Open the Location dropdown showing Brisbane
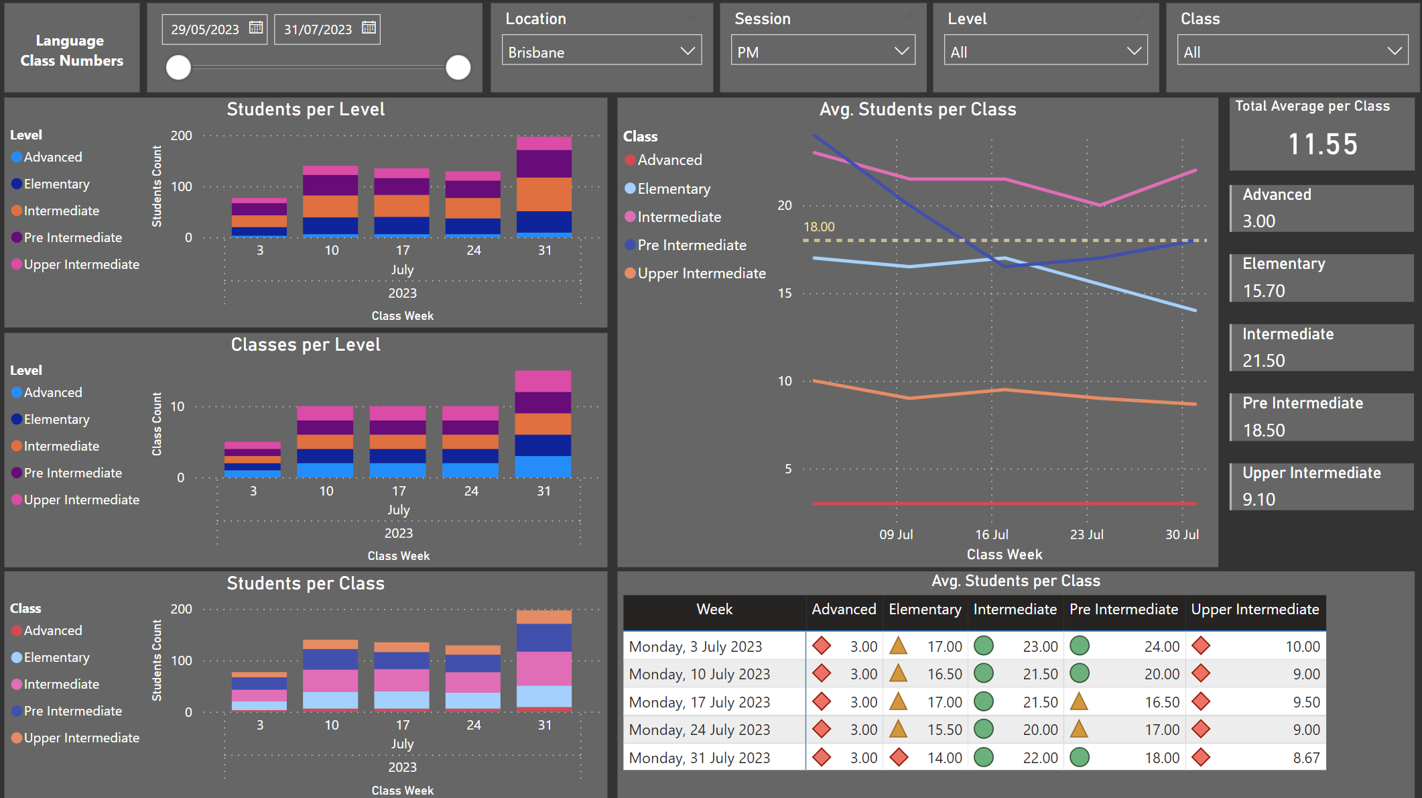(x=601, y=52)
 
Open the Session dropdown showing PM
(x=822, y=52)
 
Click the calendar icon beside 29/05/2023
(x=256, y=28)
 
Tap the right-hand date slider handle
(x=458, y=67)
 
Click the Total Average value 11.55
(x=1323, y=144)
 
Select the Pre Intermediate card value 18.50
(x=1264, y=431)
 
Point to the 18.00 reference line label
(x=819, y=227)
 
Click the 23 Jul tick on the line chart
(x=1086, y=534)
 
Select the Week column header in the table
(x=714, y=610)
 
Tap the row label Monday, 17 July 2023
(x=700, y=702)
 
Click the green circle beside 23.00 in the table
(x=983, y=646)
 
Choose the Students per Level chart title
(x=306, y=109)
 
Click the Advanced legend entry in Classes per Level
(x=52, y=392)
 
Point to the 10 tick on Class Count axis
(x=178, y=406)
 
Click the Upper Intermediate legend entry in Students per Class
(x=81, y=738)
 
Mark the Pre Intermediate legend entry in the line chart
(x=692, y=245)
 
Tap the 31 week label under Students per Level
(x=545, y=250)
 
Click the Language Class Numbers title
(x=72, y=50)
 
